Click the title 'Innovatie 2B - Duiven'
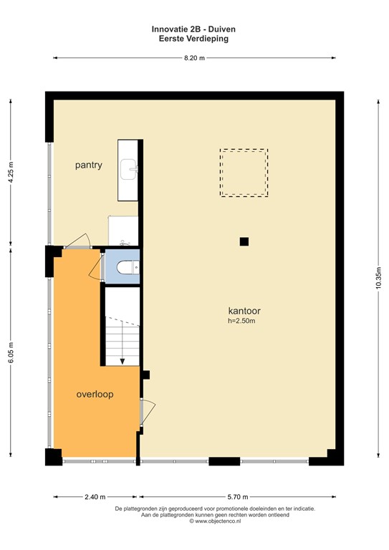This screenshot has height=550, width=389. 194,29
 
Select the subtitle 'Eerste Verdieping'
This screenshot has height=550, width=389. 194,39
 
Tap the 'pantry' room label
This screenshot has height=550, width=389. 89,165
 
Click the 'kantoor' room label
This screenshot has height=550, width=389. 244,311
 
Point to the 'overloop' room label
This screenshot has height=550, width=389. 95,395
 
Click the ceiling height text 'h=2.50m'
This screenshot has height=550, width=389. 241,321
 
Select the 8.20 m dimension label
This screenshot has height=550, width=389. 194,59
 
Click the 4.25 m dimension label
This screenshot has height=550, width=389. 11,173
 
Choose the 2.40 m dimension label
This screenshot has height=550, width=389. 95,496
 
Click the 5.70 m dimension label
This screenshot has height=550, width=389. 239,496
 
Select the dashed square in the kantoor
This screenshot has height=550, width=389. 244,173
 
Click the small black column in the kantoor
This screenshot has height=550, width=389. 244,242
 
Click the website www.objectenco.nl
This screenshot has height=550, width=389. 194,521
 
